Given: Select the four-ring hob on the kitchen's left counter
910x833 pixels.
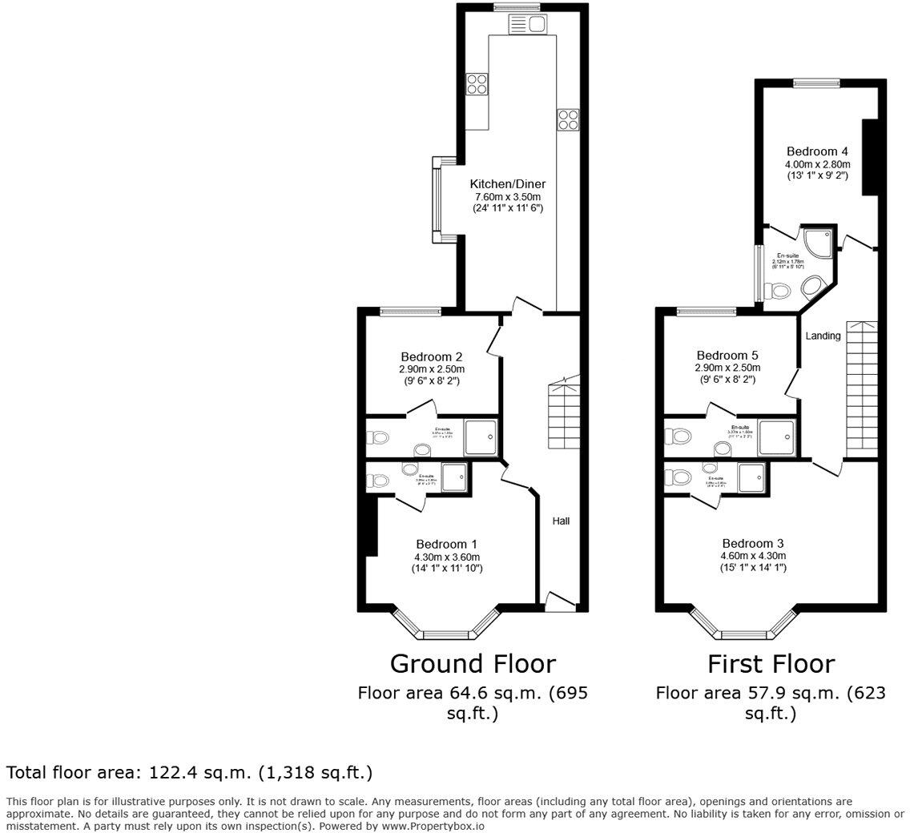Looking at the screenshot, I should pos(477,83).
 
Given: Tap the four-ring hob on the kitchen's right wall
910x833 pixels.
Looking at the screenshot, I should pos(568,119).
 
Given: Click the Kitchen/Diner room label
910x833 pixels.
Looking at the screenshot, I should pos(507,184).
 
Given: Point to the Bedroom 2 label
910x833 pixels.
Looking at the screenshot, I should pos(432,356).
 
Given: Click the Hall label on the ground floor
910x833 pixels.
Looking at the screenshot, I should pos(561,521).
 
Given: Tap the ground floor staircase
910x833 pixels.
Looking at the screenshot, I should pos(563,416).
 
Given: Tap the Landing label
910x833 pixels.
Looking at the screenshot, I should pos(823,336).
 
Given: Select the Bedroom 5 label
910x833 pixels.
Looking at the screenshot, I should pos(727,356).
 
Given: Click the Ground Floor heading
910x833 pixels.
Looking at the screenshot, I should pos(472,663).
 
